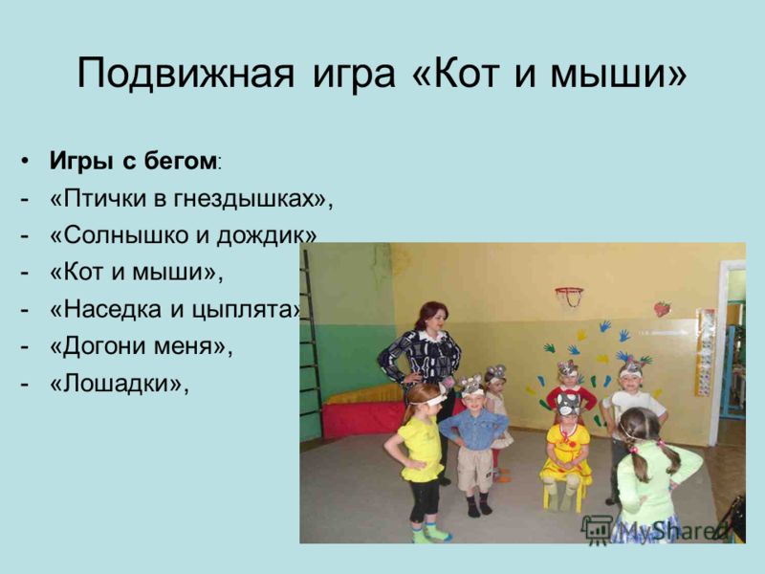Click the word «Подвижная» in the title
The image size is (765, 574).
tap(186, 75)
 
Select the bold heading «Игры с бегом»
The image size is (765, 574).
tap(133, 162)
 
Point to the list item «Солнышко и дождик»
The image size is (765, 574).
tap(183, 235)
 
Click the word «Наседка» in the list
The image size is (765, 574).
tap(113, 309)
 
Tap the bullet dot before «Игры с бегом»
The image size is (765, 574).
tap(25, 161)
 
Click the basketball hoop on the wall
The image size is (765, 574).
tap(569, 296)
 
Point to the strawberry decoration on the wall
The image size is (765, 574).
tap(662, 308)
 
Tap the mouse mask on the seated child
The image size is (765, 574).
tap(568, 404)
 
